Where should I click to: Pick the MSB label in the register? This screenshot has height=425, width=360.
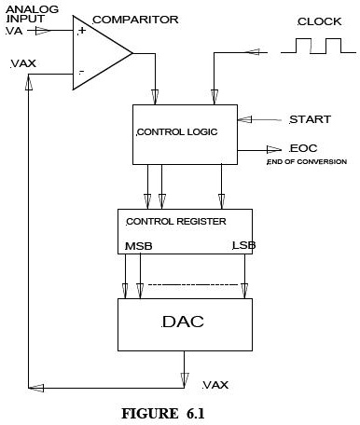coord(138,247)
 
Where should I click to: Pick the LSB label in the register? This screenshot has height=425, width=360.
coord(243,246)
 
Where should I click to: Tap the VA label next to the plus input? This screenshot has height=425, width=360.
coord(17,31)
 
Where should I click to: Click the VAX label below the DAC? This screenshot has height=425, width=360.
coord(216,384)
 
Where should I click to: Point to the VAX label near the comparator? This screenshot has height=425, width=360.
coord(22,64)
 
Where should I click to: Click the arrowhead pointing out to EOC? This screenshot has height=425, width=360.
coord(276,149)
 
